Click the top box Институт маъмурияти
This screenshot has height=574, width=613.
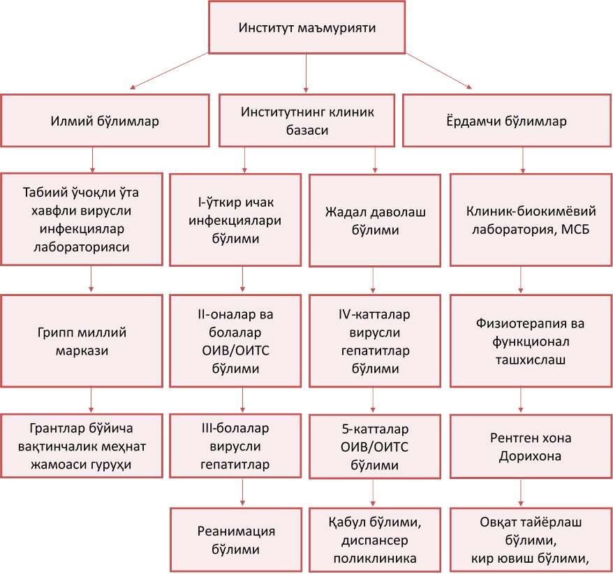(306, 28)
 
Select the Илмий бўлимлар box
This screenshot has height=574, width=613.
(105, 121)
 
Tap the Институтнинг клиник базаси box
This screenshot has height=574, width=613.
(308, 121)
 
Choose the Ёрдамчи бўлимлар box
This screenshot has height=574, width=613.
(507, 121)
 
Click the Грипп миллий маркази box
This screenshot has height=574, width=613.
(91, 341)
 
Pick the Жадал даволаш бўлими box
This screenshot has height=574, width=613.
(375, 220)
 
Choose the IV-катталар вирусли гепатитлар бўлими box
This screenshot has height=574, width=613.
(375, 341)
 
